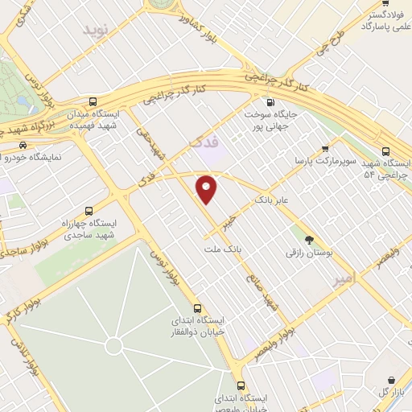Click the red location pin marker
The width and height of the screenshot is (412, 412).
pyautogui.click(x=207, y=189)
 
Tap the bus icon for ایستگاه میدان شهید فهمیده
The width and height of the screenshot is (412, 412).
pyautogui.click(x=93, y=102)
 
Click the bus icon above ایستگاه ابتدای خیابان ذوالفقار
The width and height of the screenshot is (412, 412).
pyautogui.click(x=198, y=308)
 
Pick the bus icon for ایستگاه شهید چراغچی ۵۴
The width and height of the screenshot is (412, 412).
pyautogui.click(x=386, y=150)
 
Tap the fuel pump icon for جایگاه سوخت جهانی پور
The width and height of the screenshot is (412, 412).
pyautogui.click(x=270, y=102)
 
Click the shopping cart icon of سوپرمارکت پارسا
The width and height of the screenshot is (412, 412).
pyautogui.click(x=324, y=148)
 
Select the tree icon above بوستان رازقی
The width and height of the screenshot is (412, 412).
pyautogui.click(x=308, y=239)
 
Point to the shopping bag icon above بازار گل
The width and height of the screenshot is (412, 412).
pyautogui.click(x=391, y=379)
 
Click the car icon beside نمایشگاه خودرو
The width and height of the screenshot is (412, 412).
pyautogui.click(x=22, y=146)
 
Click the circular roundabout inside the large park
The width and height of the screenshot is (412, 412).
pyautogui.click(x=113, y=346)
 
